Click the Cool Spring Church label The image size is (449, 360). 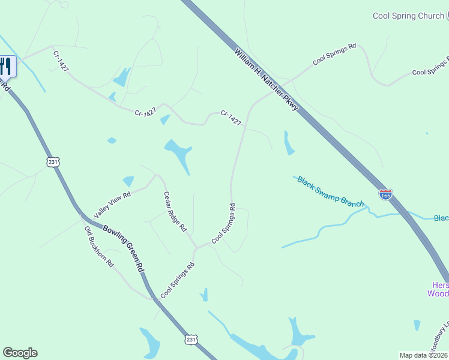408,16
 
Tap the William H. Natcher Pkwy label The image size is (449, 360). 267,80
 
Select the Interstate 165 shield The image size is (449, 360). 386,194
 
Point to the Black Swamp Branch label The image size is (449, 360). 330,191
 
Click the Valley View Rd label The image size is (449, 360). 112,205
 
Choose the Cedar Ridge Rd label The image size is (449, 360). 175,212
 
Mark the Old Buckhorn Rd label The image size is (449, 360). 98,247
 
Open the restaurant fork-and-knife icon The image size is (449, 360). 7,65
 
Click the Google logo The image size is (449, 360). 20,353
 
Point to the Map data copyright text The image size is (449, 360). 424,355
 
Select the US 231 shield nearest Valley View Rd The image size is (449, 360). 53,162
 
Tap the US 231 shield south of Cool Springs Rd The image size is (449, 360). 190,340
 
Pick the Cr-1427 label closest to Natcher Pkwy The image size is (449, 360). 231,118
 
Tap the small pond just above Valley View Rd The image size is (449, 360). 128,181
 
